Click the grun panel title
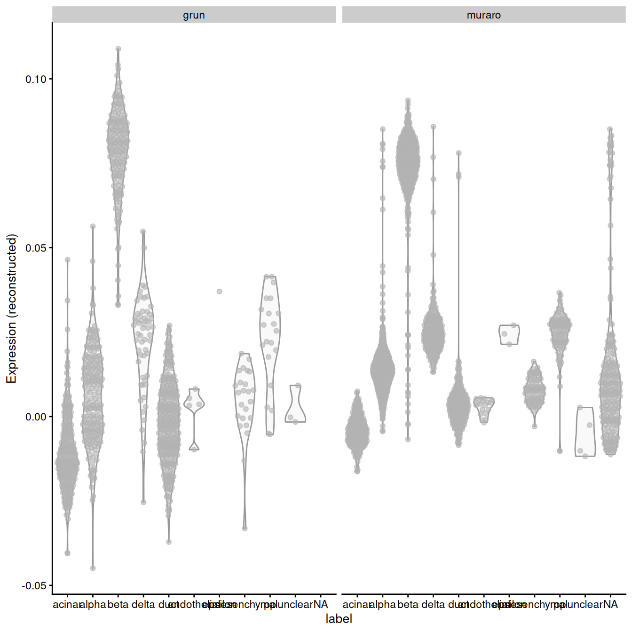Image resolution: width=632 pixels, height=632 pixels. (194, 15)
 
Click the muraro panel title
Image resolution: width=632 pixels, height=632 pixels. (483, 15)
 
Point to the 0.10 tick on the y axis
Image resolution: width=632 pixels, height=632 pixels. (36, 79)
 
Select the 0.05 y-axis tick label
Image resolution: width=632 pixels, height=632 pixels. (36, 248)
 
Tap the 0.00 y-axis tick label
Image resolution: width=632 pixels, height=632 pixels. (36, 417)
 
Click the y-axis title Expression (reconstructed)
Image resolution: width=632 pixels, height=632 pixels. (11, 308)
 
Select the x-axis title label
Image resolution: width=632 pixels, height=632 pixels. (339, 619)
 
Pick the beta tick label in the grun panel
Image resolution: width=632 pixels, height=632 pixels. (118, 605)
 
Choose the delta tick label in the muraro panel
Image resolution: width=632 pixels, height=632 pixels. (433, 605)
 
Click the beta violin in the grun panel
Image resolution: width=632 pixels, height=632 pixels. (118, 141)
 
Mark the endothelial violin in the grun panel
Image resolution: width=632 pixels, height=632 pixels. (194, 404)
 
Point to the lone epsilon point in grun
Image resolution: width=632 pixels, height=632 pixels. (219, 292)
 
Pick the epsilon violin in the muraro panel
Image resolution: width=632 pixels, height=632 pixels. (509, 334)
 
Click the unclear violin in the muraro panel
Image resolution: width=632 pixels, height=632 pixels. (585, 433)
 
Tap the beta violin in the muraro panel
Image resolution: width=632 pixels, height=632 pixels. (408, 160)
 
